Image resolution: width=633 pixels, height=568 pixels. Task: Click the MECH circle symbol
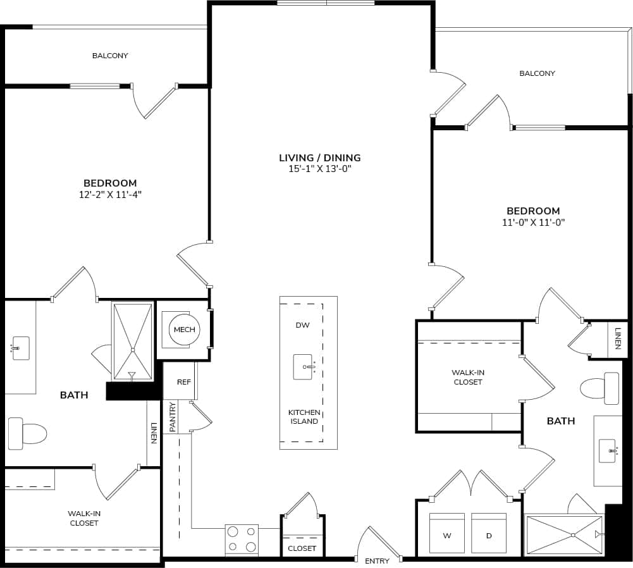(185, 330)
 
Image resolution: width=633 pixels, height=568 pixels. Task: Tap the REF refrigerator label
(184, 382)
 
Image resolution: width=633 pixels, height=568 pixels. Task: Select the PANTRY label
(172, 417)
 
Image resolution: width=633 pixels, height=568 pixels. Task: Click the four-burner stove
(242, 539)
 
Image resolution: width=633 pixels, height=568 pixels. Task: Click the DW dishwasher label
(302, 325)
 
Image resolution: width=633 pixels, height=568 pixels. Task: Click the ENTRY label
(378, 561)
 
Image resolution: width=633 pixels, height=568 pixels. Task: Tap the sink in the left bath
(20, 349)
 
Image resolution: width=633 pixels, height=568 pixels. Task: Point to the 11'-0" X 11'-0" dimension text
(533, 222)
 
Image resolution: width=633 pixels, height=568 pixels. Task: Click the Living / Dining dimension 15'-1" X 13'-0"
(319, 169)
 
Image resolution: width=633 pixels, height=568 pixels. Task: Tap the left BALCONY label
(110, 56)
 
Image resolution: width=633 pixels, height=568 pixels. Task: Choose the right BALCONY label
(537, 73)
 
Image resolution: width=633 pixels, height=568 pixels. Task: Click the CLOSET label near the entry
(302, 548)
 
